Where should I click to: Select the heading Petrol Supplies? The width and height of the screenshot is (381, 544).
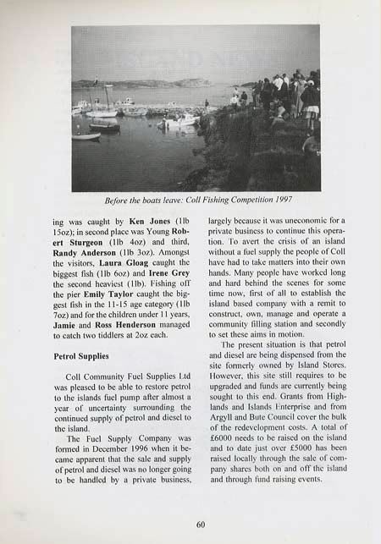click(x=81, y=357)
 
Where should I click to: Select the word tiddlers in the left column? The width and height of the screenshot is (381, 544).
click(x=126, y=338)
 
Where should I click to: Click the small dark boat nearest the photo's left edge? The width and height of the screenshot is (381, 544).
click(x=86, y=135)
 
